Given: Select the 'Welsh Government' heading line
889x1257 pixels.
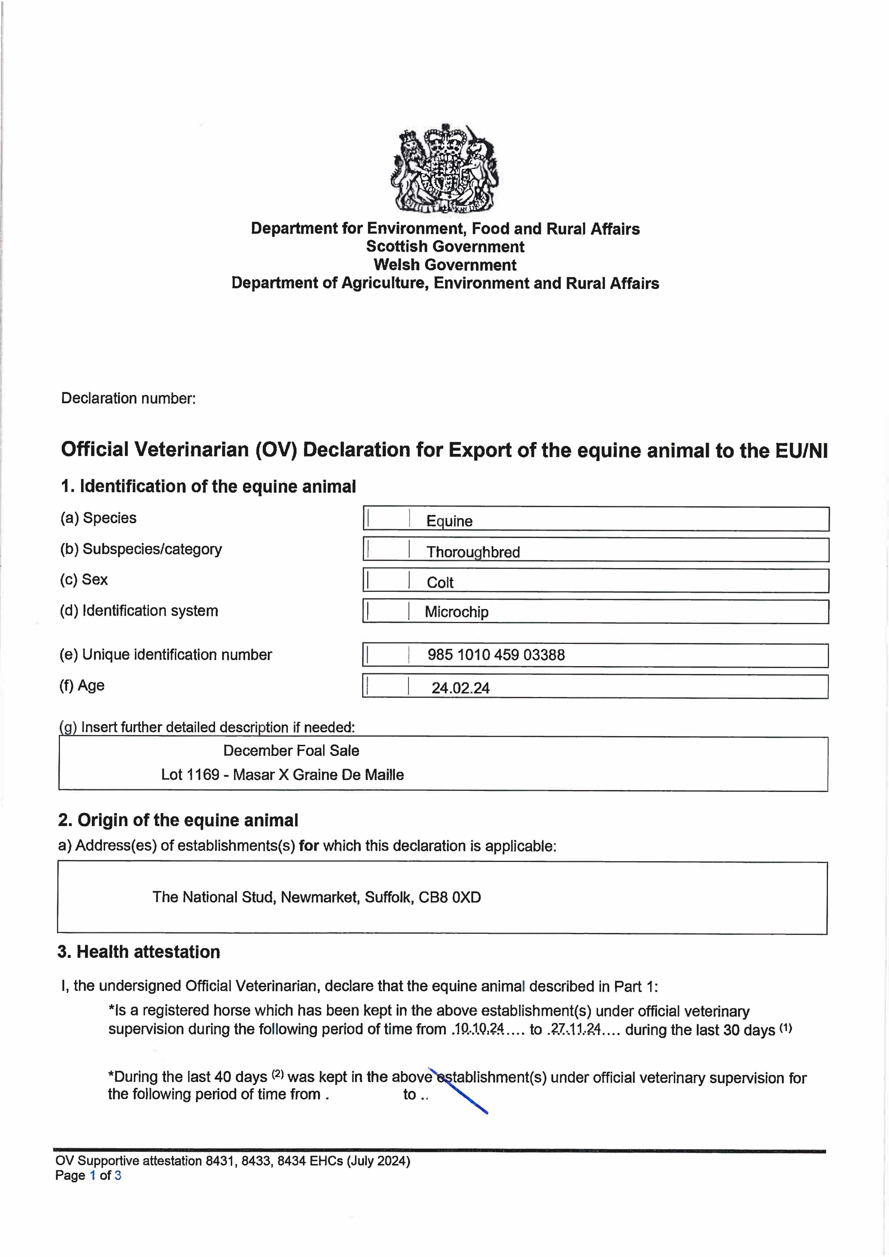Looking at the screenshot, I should click(x=445, y=265).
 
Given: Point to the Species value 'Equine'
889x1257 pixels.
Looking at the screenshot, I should click(x=449, y=521).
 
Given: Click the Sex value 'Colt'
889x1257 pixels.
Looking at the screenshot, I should click(x=440, y=582).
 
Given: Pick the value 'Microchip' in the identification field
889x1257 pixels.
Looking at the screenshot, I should click(x=456, y=612).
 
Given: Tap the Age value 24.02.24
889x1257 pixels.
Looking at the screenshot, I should click(x=460, y=688).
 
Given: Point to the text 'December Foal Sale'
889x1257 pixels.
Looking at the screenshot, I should click(x=291, y=751).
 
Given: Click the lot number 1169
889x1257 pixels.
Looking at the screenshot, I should click(x=203, y=775).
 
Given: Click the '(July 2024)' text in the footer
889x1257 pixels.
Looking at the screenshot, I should click(x=378, y=1161).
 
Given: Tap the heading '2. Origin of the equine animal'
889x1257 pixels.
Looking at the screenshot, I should click(x=178, y=820).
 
